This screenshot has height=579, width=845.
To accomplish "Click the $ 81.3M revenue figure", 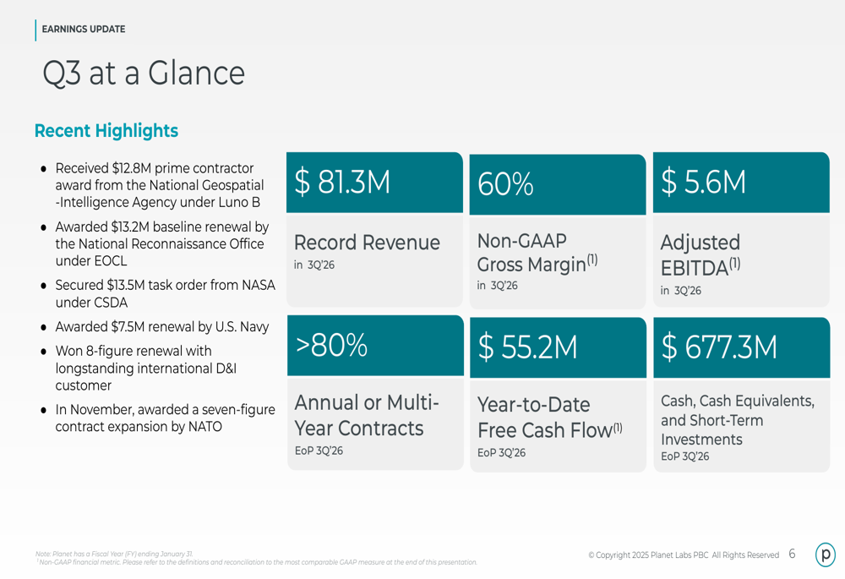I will (342, 183).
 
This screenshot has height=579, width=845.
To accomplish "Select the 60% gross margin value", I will (505, 184).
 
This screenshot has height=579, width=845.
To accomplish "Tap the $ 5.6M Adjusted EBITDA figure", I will (703, 183).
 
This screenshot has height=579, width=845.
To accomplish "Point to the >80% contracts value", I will (331, 345).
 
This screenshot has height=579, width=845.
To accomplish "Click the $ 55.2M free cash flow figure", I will (527, 347).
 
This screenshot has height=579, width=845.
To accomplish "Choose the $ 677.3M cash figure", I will (718, 347).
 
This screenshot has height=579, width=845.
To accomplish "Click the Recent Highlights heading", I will (106, 131).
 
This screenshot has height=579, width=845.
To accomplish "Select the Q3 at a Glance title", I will (144, 74).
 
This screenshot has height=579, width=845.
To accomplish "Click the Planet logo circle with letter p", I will (826, 554).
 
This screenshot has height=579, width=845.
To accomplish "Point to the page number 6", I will (792, 554).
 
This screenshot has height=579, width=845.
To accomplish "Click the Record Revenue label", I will (367, 243).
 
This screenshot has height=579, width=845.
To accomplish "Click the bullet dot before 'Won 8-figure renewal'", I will (43, 351).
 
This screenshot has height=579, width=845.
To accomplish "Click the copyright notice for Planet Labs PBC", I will (684, 555).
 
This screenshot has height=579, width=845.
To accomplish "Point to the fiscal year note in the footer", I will (114, 554).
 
